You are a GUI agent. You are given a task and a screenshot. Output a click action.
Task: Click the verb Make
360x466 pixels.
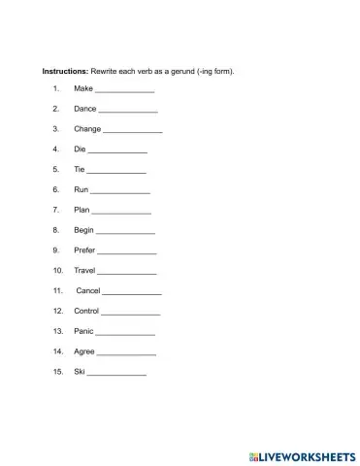coord(83,89)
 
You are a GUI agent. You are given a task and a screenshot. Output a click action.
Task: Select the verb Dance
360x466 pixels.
coord(85,110)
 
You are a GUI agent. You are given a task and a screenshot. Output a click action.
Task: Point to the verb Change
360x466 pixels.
coord(87,129)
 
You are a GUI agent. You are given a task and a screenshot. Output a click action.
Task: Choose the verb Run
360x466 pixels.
coord(82,189)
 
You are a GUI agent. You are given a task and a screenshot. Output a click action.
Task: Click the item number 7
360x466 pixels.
coord(57,210)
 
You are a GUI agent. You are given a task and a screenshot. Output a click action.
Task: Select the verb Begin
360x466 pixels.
coord(84,230)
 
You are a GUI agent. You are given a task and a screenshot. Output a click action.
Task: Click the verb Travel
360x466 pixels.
coord(85,270)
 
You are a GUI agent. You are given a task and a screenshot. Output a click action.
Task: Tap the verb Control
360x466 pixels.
coord(87,311)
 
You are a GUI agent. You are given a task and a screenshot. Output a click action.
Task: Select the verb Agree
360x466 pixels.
coord(84,351)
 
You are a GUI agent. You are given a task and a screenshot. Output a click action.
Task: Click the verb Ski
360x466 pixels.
coord(80,372)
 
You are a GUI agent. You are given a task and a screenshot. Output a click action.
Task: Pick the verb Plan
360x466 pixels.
coord(82,210)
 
